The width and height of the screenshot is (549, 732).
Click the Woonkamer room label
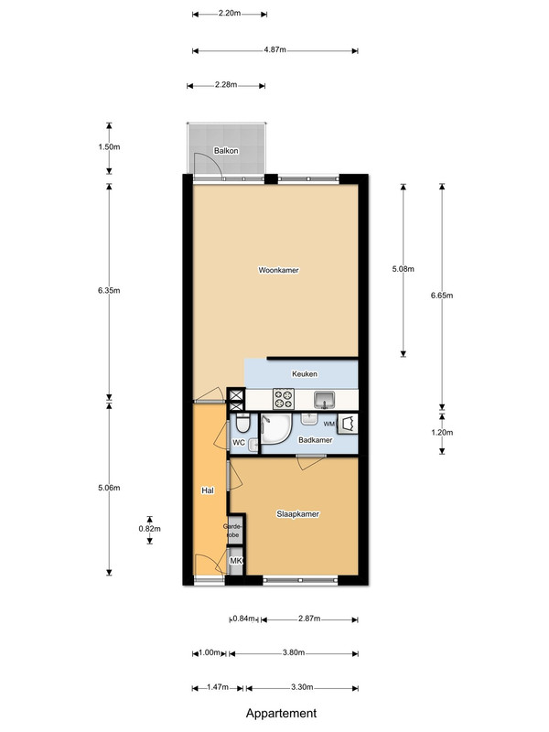pyautogui.click(x=279, y=270)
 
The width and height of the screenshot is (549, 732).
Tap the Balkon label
pyautogui.click(x=226, y=151)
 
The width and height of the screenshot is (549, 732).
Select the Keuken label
pyautogui.click(x=305, y=374)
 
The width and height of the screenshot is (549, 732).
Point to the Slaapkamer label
pyautogui.click(x=298, y=514)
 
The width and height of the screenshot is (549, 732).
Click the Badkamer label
pyautogui.click(x=316, y=440)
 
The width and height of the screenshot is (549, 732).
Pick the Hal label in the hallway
pyautogui.click(x=208, y=490)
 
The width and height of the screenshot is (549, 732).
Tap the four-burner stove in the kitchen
pyautogui.click(x=284, y=399)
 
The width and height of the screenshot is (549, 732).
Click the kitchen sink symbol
pyautogui.click(x=325, y=400)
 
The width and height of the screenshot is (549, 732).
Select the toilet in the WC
pyautogui.click(x=242, y=424)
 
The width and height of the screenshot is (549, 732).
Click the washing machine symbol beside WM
pyautogui.click(x=348, y=425)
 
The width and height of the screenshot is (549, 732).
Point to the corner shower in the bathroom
pyautogui.click(x=276, y=428)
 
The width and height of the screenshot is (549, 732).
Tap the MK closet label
pyautogui.click(x=236, y=560)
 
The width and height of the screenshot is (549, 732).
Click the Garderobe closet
pyautogui.click(x=234, y=531)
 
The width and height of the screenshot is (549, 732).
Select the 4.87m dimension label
pyautogui.click(x=275, y=49)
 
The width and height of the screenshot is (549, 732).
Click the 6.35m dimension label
pyautogui.click(x=109, y=290)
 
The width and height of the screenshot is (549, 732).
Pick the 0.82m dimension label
pyautogui.click(x=149, y=529)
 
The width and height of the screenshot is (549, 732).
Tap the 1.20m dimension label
pyautogui.click(x=442, y=432)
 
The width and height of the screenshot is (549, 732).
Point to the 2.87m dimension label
pyautogui.click(x=309, y=619)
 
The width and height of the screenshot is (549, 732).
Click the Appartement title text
pyautogui.click(x=281, y=714)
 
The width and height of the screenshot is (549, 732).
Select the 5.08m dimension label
pyautogui.click(x=403, y=269)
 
